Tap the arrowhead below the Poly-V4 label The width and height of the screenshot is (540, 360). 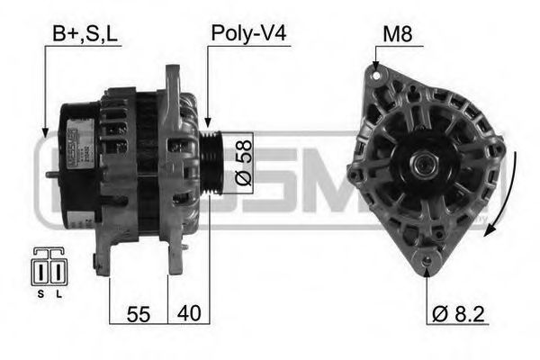point(209,123)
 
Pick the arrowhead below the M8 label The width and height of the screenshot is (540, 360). point(375,66)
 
